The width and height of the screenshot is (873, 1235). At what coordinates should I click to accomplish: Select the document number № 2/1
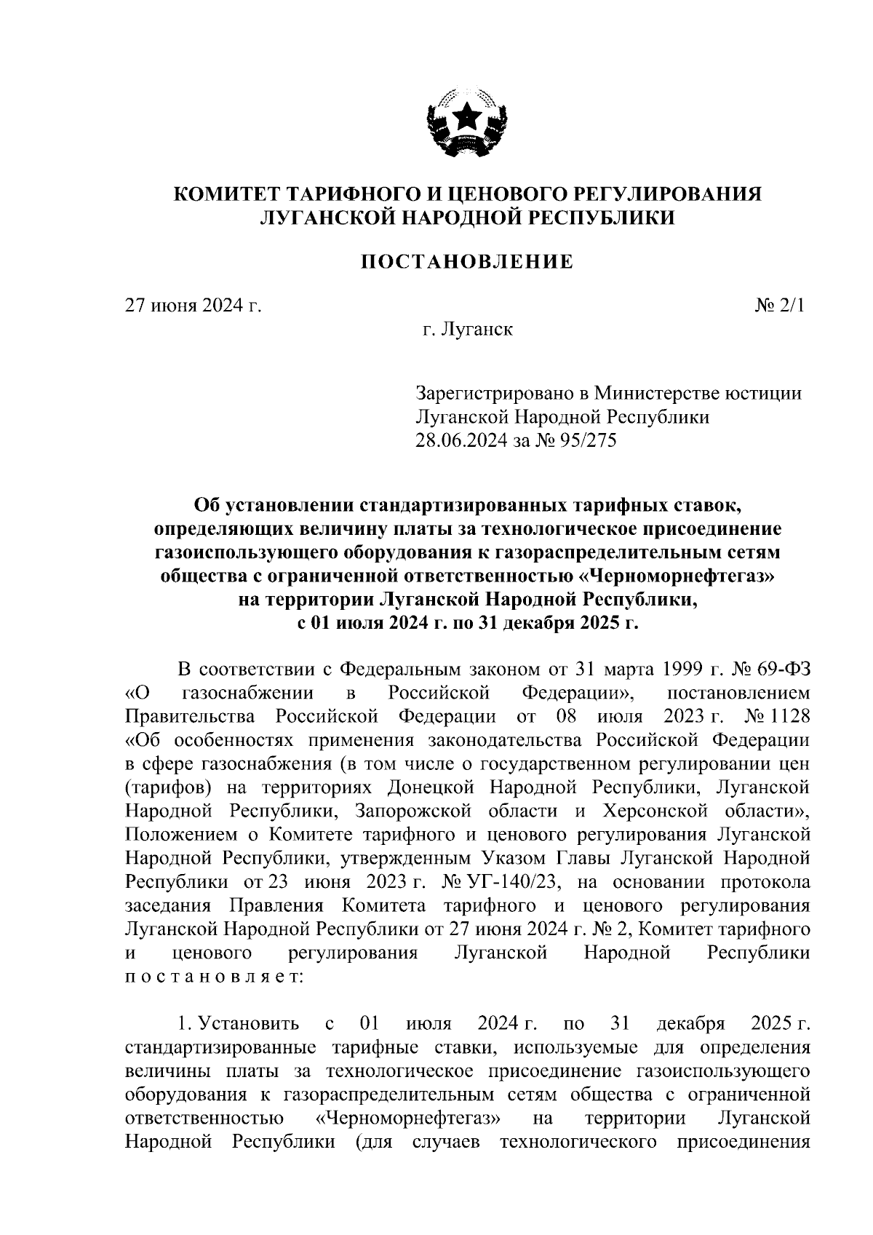[x=781, y=306]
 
